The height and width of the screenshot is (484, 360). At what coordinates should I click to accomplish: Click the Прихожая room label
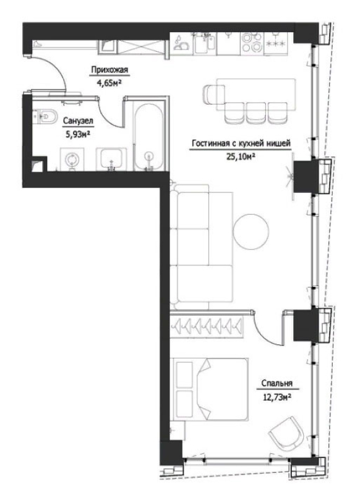click(109, 70)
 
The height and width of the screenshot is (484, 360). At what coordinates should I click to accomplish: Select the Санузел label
click(78, 121)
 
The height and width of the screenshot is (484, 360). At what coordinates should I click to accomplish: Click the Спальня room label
click(276, 383)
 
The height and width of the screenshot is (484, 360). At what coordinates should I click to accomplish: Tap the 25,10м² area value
click(241, 157)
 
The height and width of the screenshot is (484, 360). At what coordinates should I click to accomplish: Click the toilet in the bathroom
click(45, 116)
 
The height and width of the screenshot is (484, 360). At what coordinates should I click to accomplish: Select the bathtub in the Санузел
click(148, 137)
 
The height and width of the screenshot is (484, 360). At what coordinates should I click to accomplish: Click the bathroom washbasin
click(111, 159)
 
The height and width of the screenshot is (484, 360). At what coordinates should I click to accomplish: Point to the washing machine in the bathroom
click(72, 159)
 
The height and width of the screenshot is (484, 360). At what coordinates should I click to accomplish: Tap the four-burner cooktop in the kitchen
click(252, 42)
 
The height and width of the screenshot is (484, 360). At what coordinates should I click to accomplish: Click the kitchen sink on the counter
click(204, 44)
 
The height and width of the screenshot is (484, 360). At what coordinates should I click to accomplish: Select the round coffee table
click(251, 232)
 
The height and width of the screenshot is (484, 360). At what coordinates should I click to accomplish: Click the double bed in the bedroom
click(212, 389)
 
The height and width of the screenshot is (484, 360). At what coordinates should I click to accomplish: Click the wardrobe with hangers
click(207, 325)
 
